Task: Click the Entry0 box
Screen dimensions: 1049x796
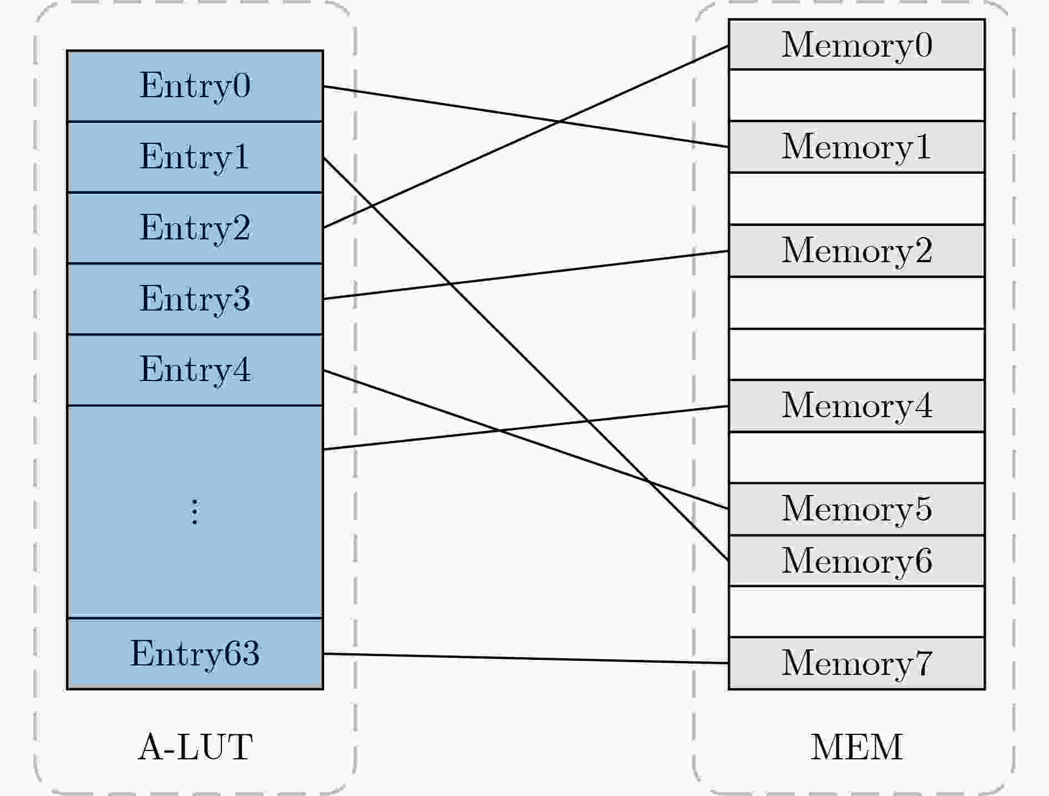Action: tap(195, 86)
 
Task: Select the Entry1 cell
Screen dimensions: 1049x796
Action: tap(195, 157)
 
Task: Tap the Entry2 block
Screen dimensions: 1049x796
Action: tap(195, 228)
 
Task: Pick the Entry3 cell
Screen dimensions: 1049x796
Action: tap(195, 299)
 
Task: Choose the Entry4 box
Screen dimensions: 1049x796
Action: tap(195, 371)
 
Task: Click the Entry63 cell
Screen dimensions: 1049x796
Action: tap(195, 654)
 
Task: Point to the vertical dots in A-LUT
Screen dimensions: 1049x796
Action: tap(194, 512)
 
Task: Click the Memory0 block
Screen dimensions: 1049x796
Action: tap(856, 44)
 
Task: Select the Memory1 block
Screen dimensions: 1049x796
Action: tap(856, 147)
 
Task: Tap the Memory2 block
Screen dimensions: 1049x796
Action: tap(856, 251)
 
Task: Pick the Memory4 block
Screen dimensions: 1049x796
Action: tap(856, 405)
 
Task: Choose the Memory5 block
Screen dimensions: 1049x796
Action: tap(856, 509)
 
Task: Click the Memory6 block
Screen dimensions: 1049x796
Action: tap(856, 560)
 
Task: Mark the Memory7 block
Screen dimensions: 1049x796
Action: tap(856, 663)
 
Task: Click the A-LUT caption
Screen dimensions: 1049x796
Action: tap(195, 747)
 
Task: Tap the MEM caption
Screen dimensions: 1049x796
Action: tap(856, 747)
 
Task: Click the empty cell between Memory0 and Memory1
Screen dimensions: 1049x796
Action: tap(856, 95)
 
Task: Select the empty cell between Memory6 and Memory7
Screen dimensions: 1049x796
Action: tap(856, 612)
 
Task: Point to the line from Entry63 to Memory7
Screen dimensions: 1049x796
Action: tap(526, 658)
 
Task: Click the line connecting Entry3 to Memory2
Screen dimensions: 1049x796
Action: tap(526, 275)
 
